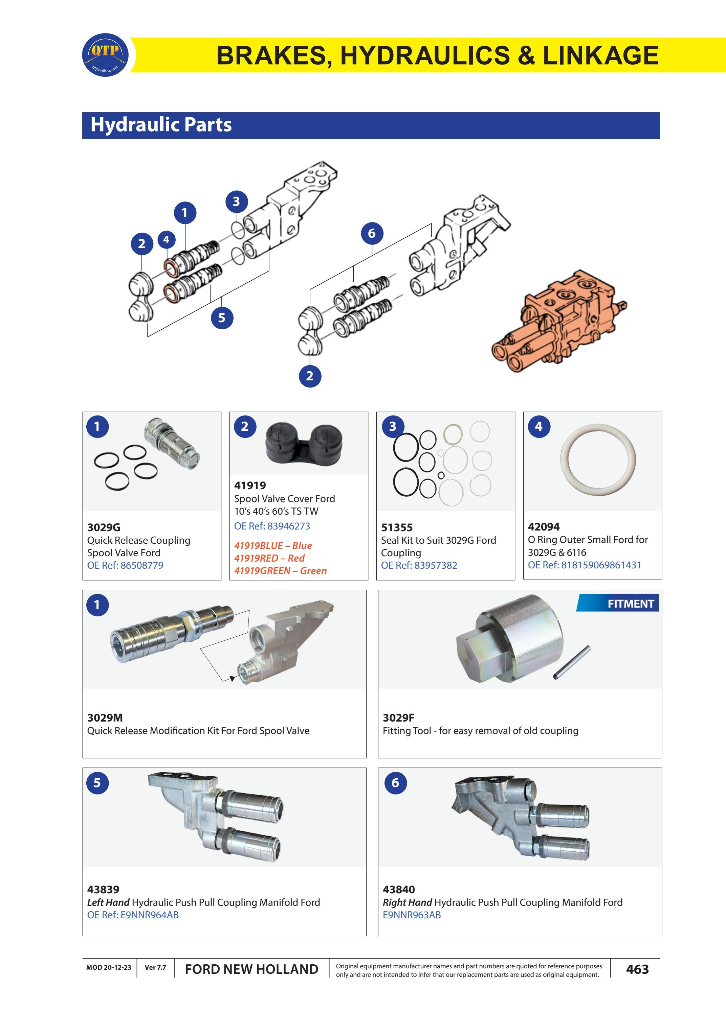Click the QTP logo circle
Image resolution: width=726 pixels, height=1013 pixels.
[105, 55]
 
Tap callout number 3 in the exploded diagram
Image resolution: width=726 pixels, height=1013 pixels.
[236, 202]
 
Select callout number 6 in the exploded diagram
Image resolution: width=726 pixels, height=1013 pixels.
[372, 233]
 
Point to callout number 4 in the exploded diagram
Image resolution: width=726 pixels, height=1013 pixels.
[166, 239]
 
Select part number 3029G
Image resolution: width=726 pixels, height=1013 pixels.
[104, 527]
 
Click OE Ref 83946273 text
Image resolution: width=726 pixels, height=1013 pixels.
[272, 526]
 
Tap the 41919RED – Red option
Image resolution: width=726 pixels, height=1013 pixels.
[269, 558]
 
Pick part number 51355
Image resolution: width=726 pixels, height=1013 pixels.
[397, 527]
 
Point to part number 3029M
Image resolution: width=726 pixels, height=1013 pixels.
[105, 717]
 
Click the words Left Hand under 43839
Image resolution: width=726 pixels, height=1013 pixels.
[108, 902]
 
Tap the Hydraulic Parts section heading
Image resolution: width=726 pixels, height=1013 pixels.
[161, 125]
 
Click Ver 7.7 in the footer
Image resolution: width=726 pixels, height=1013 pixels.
[155, 967]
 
